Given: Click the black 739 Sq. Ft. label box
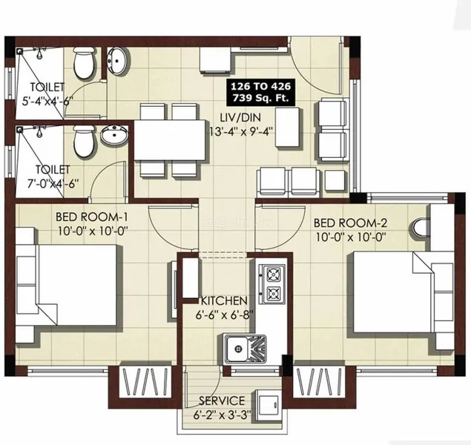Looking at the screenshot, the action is (260, 93).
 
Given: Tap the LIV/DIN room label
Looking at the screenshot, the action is (240, 117).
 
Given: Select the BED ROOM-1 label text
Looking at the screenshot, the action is (92, 216).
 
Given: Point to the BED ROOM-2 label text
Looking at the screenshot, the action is (351, 222).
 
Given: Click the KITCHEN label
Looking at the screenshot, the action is (224, 300).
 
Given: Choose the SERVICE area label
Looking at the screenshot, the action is (222, 400).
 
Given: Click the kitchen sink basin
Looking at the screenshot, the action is (237, 349).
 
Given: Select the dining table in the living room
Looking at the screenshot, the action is (170, 140).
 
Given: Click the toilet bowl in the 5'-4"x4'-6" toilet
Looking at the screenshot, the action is (84, 62).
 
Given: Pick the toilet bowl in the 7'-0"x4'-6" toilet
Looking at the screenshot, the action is (84, 141).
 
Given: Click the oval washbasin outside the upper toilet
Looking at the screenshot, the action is (117, 61).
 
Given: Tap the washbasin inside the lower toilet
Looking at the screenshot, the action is (114, 135).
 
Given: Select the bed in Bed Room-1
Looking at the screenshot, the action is (66, 285).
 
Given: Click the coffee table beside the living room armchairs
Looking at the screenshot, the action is (287, 127).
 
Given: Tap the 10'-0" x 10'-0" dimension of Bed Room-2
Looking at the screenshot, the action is (351, 237).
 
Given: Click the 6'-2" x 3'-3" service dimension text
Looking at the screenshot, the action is (223, 415).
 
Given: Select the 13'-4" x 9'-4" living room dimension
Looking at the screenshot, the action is (240, 131).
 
